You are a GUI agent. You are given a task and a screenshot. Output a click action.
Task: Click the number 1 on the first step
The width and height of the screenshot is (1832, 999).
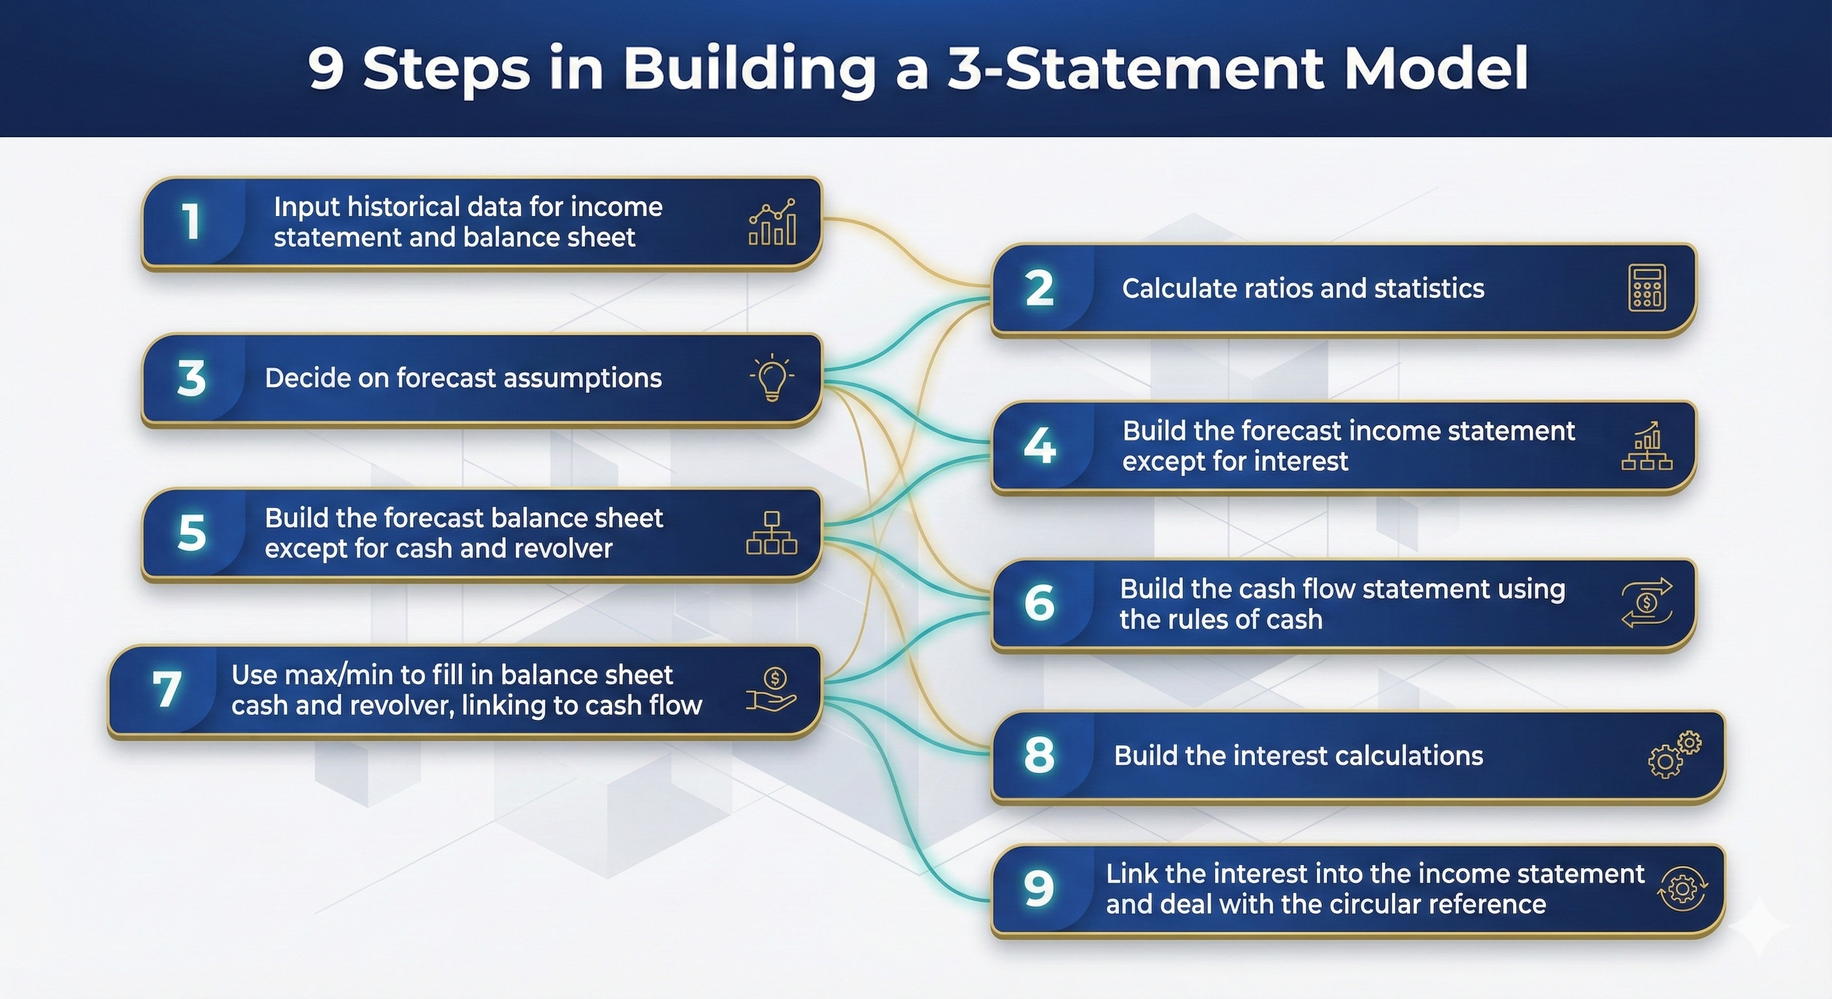tap(191, 221)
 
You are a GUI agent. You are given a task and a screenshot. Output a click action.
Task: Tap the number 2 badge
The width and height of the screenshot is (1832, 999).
tap(1039, 288)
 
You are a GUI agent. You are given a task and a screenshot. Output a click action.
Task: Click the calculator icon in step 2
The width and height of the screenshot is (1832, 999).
tap(1647, 288)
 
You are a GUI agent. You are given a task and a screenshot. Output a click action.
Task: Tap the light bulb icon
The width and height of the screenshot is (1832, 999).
tap(772, 379)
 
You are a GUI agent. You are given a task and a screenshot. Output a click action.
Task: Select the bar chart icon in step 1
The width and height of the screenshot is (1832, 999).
tap(772, 222)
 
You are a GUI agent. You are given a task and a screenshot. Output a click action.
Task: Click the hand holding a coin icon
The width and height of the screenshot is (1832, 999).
tap(772, 689)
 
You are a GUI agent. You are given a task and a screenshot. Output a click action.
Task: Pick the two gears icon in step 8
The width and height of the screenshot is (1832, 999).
tap(1674, 754)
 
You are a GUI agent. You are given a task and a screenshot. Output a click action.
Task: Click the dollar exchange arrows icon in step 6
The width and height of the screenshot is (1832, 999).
tap(1647, 603)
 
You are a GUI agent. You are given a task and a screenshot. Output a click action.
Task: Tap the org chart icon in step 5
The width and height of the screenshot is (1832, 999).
tap(772, 533)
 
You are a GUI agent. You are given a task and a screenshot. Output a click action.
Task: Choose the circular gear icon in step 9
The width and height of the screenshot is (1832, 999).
tap(1681, 889)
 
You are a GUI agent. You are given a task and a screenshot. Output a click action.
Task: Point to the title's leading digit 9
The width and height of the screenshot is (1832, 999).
tap(326, 69)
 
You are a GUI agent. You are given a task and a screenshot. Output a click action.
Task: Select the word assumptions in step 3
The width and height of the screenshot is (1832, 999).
tap(582, 379)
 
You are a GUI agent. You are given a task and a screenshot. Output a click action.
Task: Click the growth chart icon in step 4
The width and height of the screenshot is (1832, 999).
tap(1647, 446)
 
